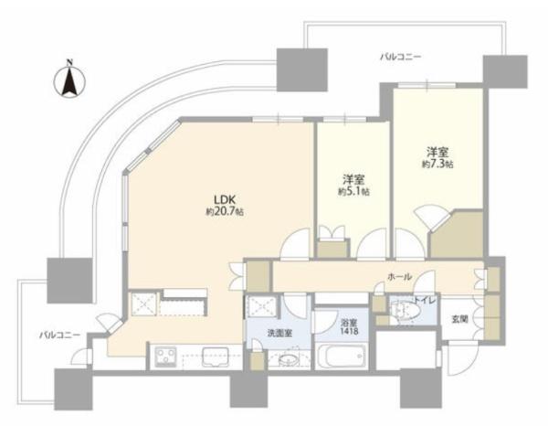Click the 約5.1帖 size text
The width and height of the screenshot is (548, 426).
(352, 193)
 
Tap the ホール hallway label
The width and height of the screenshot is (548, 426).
(400, 276)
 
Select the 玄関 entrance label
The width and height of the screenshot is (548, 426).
(458, 319)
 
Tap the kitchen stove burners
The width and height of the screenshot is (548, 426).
(167, 355)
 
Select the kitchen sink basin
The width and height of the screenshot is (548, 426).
(216, 356)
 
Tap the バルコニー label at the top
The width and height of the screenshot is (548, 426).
(400, 57)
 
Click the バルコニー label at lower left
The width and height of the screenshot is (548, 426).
(59, 335)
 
